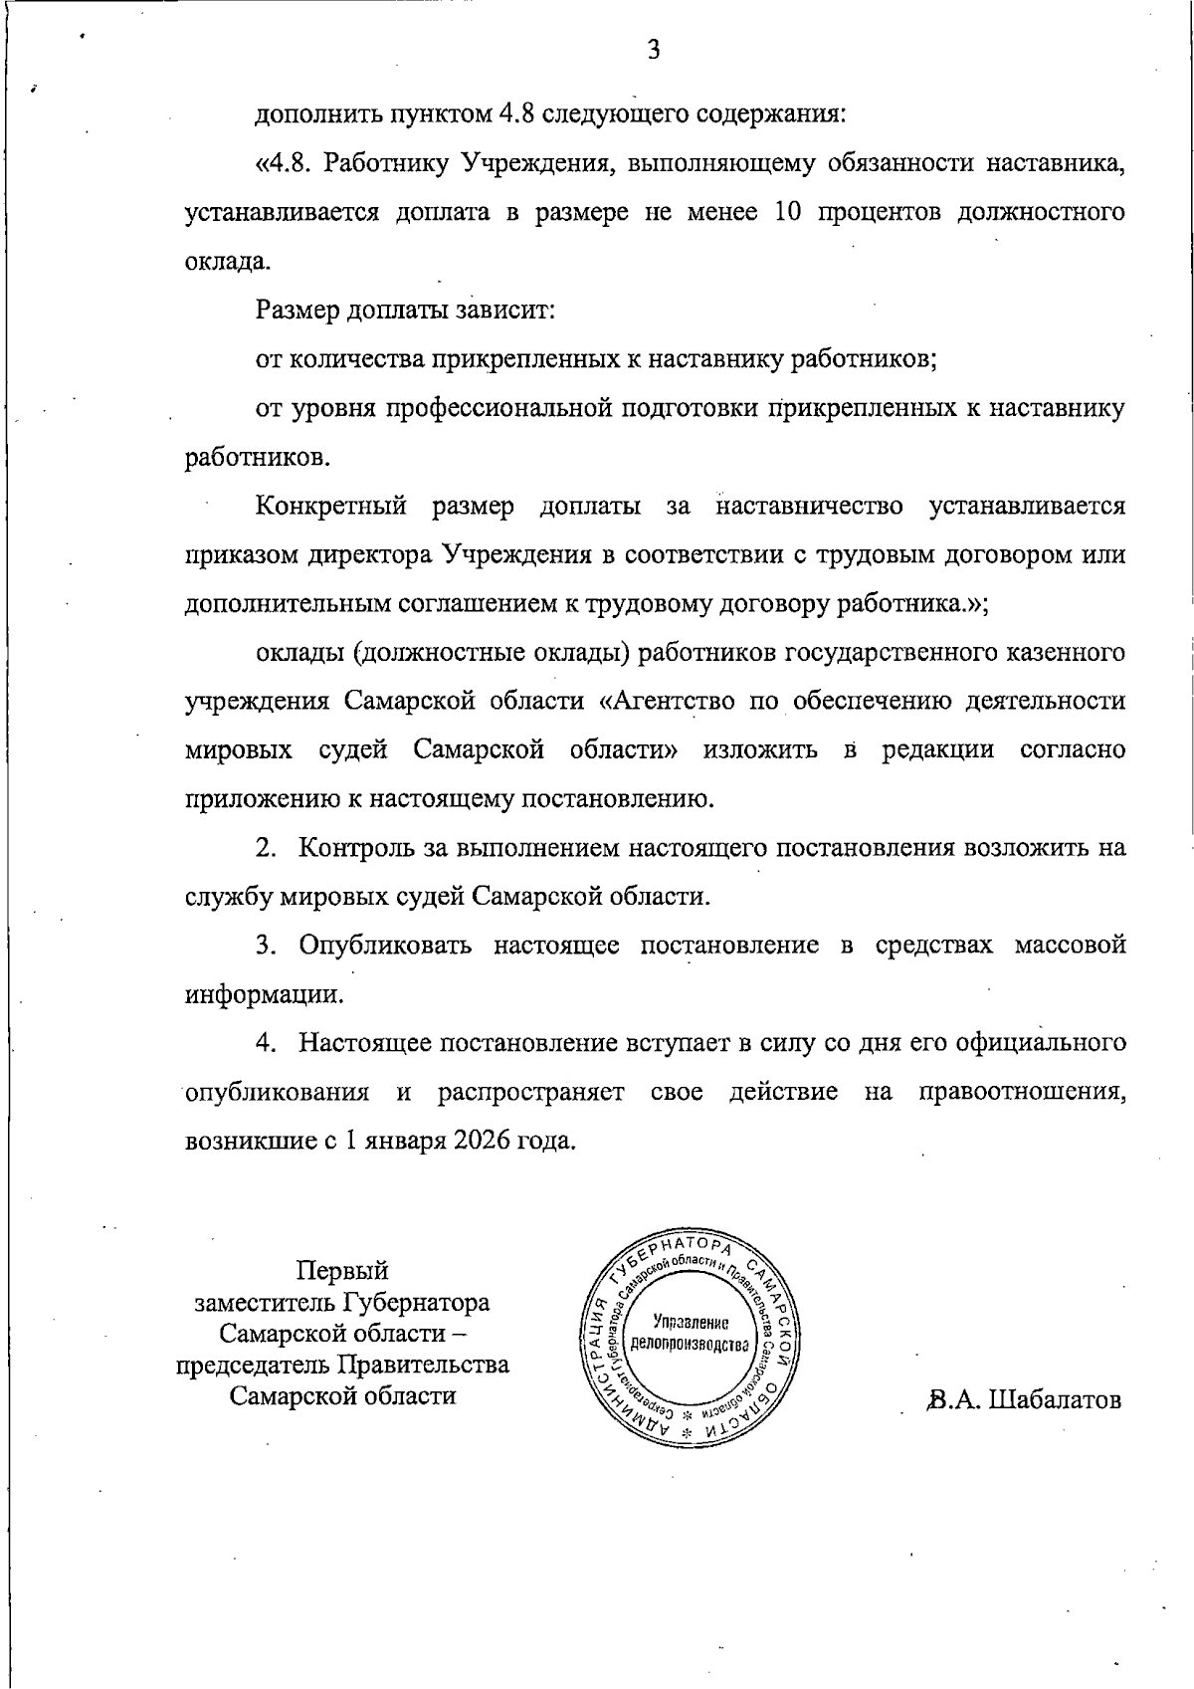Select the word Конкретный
point(331,507)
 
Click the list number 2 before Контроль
point(265,848)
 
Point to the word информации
point(265,994)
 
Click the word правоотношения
point(1023,1092)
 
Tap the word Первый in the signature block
point(342,1271)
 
